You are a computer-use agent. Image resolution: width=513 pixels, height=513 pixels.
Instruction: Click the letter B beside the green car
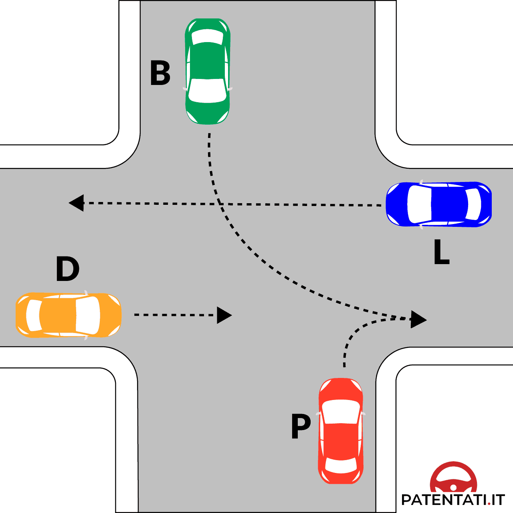point(160,73)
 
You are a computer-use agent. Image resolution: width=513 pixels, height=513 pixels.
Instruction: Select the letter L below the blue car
point(441,252)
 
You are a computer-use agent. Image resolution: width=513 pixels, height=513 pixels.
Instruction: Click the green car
point(208,71)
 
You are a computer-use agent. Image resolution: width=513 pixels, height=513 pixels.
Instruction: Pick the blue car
point(438,204)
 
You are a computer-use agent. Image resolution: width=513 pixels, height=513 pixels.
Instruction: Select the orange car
point(68,315)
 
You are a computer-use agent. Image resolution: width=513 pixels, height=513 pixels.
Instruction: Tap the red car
point(341,431)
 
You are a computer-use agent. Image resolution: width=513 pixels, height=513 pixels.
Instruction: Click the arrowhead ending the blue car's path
point(76,203)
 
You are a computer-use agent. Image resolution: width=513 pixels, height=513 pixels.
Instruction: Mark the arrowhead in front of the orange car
point(224,315)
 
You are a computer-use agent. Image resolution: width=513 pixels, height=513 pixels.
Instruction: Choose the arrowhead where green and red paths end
point(418,319)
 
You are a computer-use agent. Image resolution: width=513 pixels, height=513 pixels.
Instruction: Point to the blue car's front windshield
point(419,204)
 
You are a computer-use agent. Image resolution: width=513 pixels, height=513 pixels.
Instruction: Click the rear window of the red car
point(341,465)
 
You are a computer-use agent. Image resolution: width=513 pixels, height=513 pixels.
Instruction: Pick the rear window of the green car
point(208,37)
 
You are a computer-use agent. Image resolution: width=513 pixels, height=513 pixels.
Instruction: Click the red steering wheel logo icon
point(453,478)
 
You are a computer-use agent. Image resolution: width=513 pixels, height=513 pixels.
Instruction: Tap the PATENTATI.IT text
point(453,500)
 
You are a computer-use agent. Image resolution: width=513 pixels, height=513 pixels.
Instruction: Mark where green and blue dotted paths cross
point(220,204)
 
